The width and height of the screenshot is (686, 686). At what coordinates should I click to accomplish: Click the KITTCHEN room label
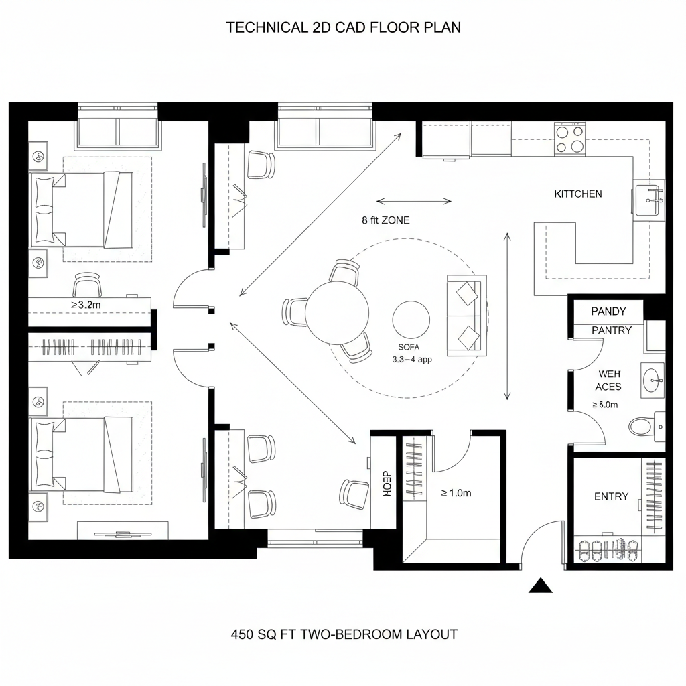577,194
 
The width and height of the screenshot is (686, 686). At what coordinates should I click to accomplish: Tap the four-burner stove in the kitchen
570,139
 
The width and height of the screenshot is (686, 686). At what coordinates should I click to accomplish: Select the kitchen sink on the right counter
648,199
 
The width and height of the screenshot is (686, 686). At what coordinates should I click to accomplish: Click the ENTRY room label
611,496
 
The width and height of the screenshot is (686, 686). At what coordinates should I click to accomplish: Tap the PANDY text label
608,312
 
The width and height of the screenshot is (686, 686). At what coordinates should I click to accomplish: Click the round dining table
337,312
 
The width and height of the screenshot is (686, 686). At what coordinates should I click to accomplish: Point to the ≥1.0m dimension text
456,493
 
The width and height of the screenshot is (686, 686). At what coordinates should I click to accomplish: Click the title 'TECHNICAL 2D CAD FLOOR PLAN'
343,28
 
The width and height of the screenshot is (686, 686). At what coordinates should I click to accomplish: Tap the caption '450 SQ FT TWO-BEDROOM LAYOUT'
344,634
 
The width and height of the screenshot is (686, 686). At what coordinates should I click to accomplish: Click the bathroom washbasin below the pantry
652,381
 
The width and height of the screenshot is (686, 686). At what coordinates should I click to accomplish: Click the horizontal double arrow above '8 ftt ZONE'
414,201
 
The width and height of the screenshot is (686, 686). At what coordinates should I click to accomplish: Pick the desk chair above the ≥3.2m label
88,285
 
